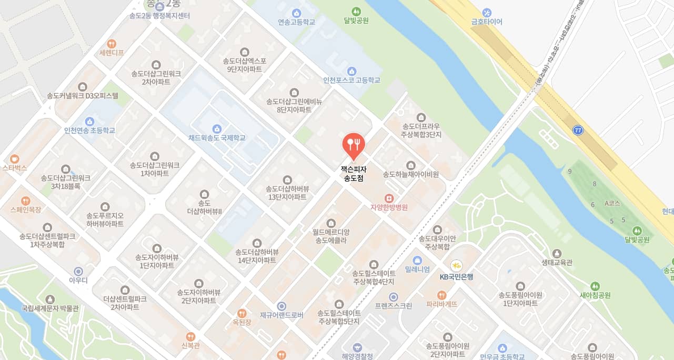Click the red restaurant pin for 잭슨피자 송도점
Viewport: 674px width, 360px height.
(x=354, y=144)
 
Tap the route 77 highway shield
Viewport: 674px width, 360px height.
(x=579, y=129)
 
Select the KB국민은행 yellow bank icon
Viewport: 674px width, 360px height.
(x=456, y=266)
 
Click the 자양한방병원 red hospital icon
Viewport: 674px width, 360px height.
(x=389, y=198)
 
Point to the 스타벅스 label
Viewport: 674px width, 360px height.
(x=15, y=168)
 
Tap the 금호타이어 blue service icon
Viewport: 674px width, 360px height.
(x=487, y=12)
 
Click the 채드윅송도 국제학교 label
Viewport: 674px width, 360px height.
(x=217, y=138)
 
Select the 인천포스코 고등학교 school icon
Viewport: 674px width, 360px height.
(x=351, y=71)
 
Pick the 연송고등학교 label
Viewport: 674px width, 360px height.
(x=296, y=22)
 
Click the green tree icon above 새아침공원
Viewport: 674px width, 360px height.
(x=595, y=286)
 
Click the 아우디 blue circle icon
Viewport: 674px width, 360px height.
(x=78, y=271)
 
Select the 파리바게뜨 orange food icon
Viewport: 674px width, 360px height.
(x=441, y=295)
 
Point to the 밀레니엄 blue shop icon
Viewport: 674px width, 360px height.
(x=417, y=260)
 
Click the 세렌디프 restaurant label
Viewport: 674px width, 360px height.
(x=111, y=53)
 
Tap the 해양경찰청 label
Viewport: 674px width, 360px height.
(x=357, y=356)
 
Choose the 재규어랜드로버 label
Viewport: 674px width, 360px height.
(x=281, y=315)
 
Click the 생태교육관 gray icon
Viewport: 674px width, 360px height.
(x=557, y=253)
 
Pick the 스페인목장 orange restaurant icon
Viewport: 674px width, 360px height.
(x=25, y=201)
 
